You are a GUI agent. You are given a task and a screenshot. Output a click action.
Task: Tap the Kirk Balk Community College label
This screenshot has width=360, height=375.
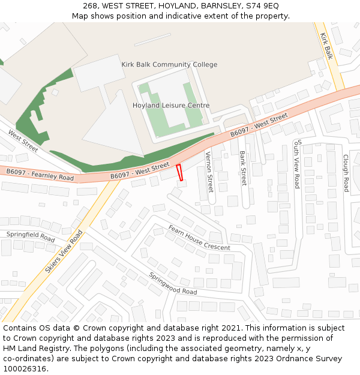tap(169, 65)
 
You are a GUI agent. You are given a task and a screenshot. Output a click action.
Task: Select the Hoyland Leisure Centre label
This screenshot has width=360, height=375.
tap(171, 106)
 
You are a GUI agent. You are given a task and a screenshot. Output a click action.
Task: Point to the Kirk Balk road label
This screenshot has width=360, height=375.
tap(326, 46)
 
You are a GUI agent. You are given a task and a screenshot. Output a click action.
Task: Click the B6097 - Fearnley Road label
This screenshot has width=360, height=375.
tap(40, 175)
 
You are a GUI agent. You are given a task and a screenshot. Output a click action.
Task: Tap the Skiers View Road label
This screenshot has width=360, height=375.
tap(64, 251)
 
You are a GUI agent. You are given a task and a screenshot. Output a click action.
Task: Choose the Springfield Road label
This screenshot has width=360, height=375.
tap(31, 236)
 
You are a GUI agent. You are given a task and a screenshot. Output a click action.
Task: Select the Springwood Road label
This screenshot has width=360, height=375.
tap(173, 283)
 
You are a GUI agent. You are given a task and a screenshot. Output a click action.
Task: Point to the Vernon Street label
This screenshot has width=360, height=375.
tap(209, 172)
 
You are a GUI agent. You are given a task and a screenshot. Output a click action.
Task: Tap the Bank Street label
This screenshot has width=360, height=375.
tap(243, 168)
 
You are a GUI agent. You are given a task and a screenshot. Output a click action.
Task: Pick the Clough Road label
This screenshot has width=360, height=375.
tap(346, 173)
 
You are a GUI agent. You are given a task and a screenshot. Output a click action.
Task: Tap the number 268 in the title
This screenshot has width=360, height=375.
tap(90, 5)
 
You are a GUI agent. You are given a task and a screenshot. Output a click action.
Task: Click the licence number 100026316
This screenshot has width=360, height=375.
tap(24, 368)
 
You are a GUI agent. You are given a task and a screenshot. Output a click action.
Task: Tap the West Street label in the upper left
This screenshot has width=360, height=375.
tap(23, 140)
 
